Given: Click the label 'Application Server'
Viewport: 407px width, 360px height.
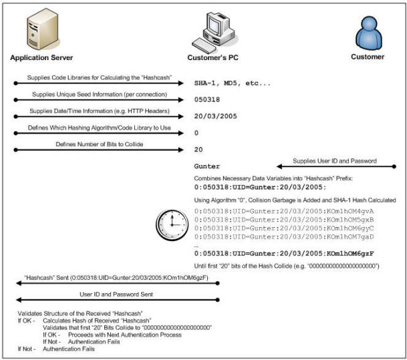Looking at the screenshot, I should [x=41, y=57].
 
